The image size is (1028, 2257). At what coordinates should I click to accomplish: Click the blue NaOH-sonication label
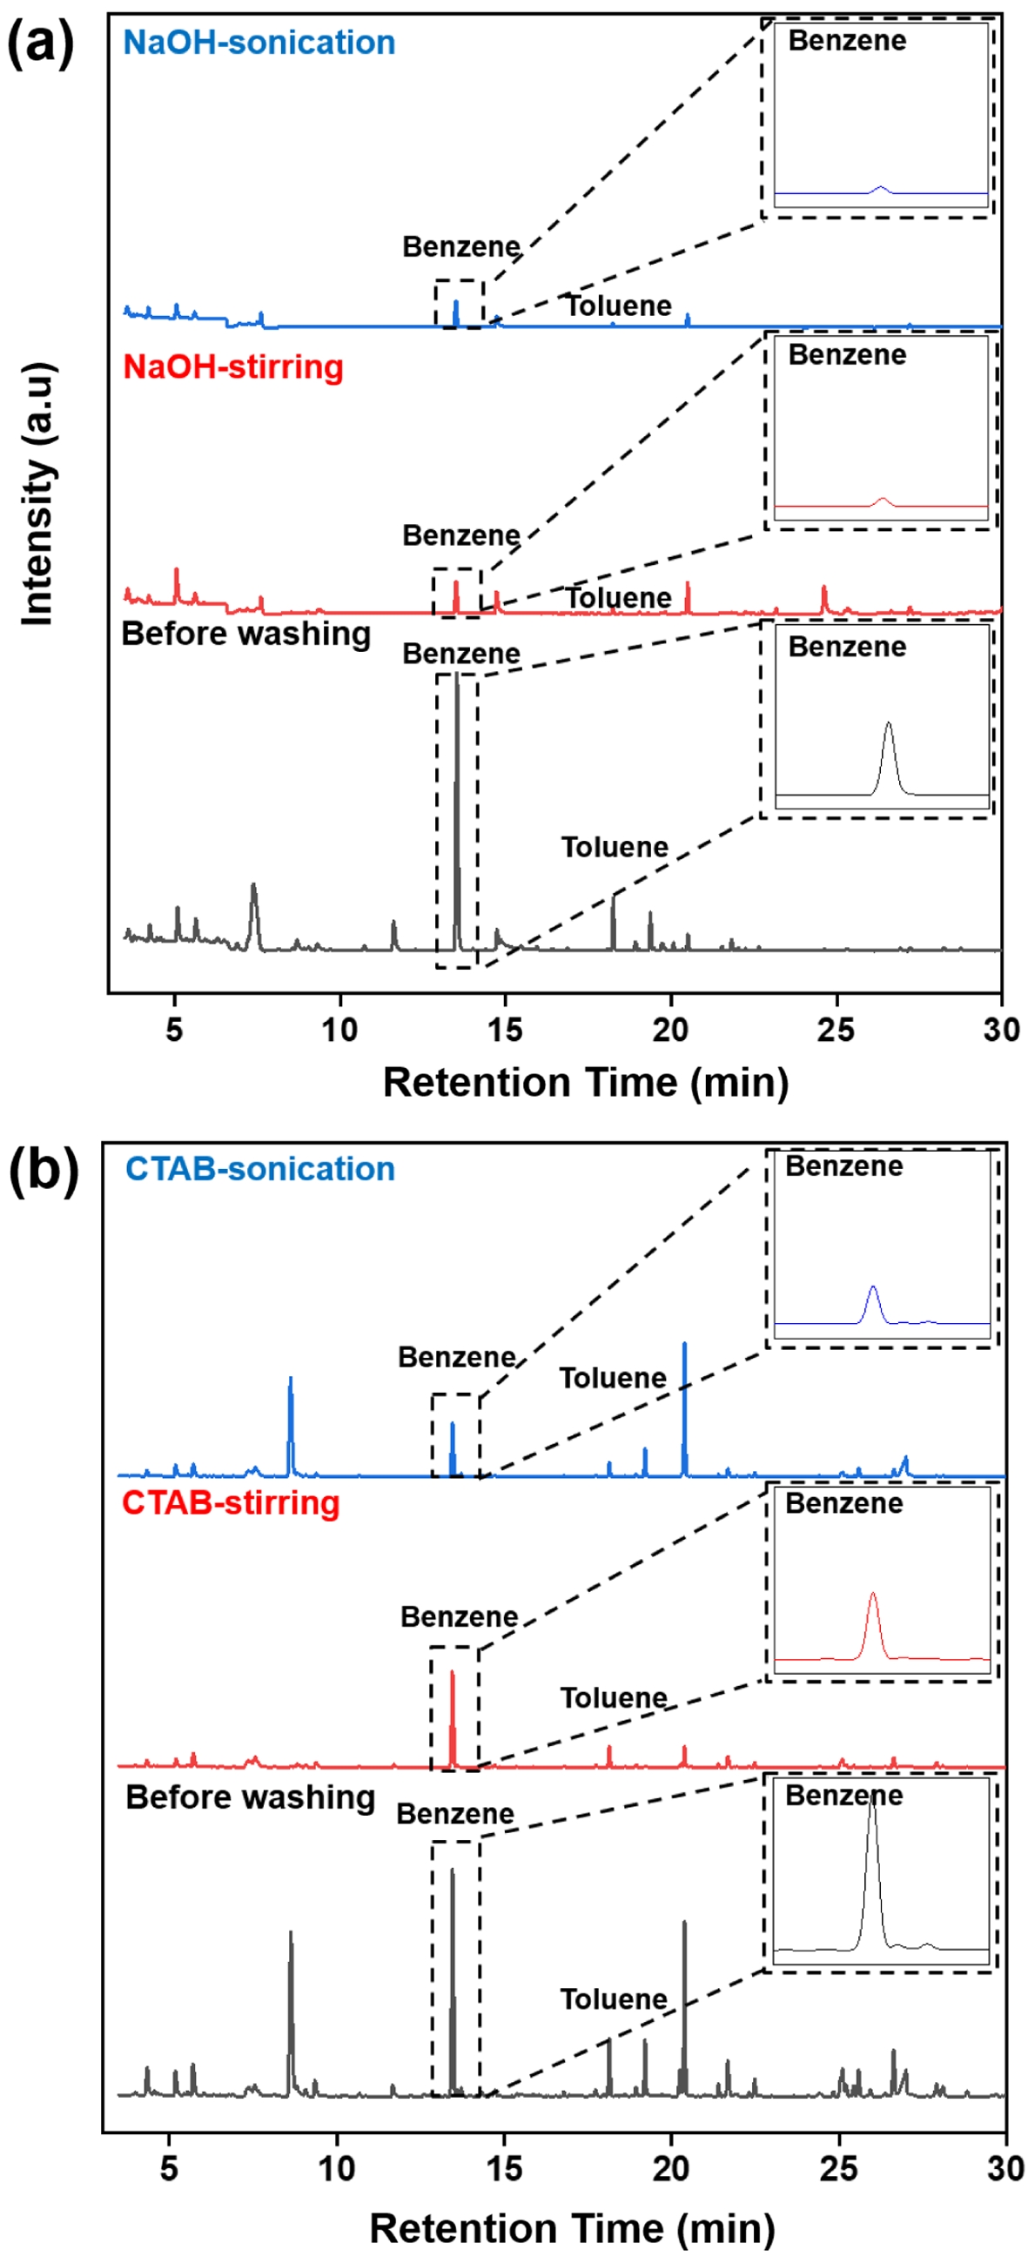point(259,42)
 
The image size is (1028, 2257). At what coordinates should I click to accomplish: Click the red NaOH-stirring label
point(232,366)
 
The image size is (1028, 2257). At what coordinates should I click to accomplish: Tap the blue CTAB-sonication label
point(259,1169)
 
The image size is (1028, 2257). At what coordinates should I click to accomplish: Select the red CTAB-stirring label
point(231,1502)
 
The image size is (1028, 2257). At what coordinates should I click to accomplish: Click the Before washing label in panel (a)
point(245,634)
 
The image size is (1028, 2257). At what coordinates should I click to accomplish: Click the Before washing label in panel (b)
point(250,1797)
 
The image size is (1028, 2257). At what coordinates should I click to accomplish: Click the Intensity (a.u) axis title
point(37,495)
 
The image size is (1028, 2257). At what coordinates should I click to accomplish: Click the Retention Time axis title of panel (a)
point(586,1083)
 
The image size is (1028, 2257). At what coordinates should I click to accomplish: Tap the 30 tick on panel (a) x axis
point(1001,1031)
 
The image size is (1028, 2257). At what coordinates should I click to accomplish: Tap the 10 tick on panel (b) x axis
point(337,2168)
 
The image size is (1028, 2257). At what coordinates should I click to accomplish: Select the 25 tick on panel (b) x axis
point(839,2168)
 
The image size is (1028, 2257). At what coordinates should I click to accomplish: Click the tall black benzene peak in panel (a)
point(457,789)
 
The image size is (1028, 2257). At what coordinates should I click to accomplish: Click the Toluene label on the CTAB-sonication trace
point(613,1378)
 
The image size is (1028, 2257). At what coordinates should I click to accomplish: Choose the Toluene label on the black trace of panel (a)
point(615,847)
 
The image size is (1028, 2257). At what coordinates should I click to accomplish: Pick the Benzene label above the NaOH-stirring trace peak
point(461,535)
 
